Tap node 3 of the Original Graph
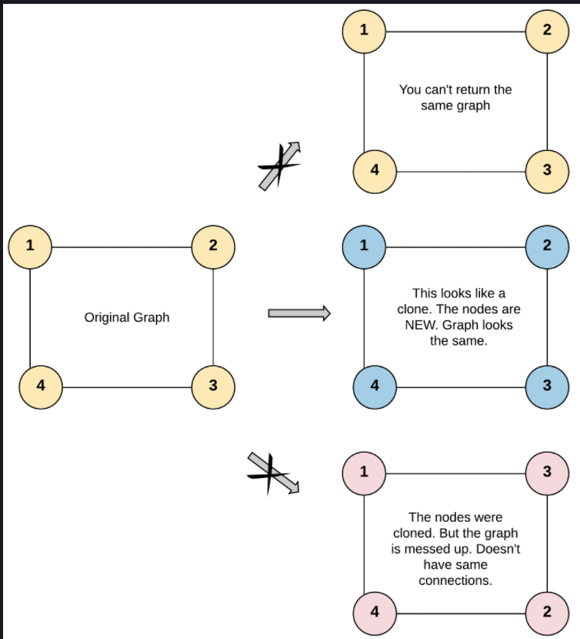pos(213,385)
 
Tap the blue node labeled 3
pos(547,385)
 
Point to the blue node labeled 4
pos(375,385)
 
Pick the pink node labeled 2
pos(547,612)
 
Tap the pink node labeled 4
pos(375,612)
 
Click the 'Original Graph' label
pos(127,317)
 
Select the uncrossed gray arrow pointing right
pos(298,313)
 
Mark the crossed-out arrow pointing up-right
pos(280,165)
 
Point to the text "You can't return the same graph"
pos(455,98)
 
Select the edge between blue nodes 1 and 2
pos(455,247)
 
